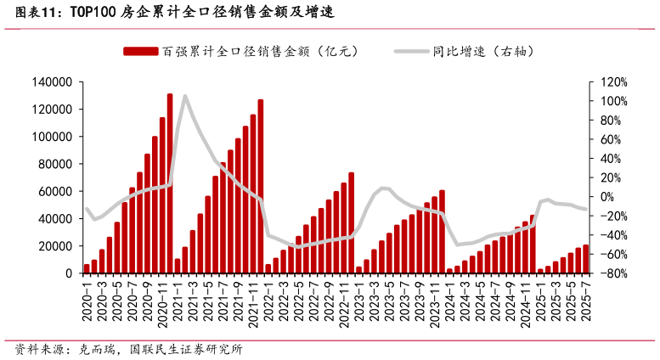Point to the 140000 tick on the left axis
(x=54, y=82)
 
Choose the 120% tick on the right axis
(x=614, y=82)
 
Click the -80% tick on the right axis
(x=614, y=273)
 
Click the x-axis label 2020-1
(x=87, y=301)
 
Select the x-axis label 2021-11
(x=253, y=301)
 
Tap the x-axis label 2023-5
(x=390, y=301)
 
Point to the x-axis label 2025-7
(x=586, y=301)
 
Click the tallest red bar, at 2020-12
(x=170, y=183)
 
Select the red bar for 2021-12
(x=261, y=187)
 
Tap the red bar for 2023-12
(x=442, y=232)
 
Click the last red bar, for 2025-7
(x=586, y=259)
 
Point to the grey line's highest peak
(x=185, y=96)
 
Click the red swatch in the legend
(x=141, y=51)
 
